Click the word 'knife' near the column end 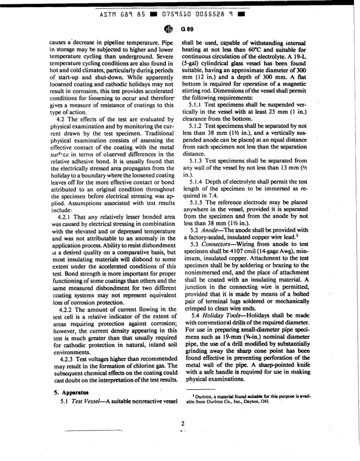coord(302,365)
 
